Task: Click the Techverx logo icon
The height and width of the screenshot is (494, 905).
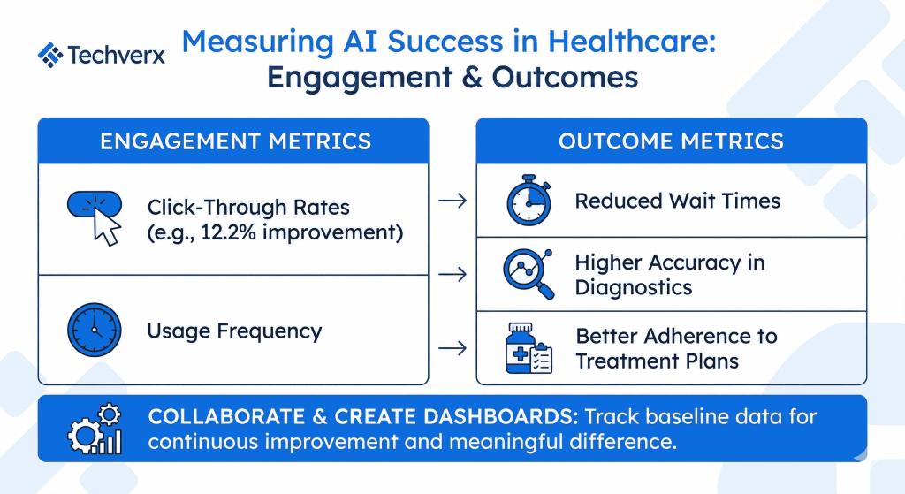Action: click(50, 55)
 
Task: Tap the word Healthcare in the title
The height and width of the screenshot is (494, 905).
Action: click(631, 42)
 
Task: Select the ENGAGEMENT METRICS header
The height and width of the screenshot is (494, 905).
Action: click(235, 141)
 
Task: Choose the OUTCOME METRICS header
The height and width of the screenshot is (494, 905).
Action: click(672, 141)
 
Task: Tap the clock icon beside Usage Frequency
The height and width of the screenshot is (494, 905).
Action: click(94, 331)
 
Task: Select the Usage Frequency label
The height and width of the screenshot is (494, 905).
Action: click(234, 331)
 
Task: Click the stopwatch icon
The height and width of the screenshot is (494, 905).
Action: click(529, 201)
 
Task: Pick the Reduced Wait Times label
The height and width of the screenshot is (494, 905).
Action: click(678, 201)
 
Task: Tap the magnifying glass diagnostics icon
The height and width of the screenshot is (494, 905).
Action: click(529, 274)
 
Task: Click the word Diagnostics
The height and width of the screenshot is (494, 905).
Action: click(633, 287)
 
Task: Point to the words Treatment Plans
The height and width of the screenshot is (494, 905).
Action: click(657, 361)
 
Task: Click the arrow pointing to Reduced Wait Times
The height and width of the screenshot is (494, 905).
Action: click(452, 201)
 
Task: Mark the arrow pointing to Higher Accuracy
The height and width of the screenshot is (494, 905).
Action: click(452, 274)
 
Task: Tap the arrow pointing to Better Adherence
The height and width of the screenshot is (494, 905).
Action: click(452, 348)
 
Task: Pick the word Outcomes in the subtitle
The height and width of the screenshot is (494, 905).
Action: click(565, 78)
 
